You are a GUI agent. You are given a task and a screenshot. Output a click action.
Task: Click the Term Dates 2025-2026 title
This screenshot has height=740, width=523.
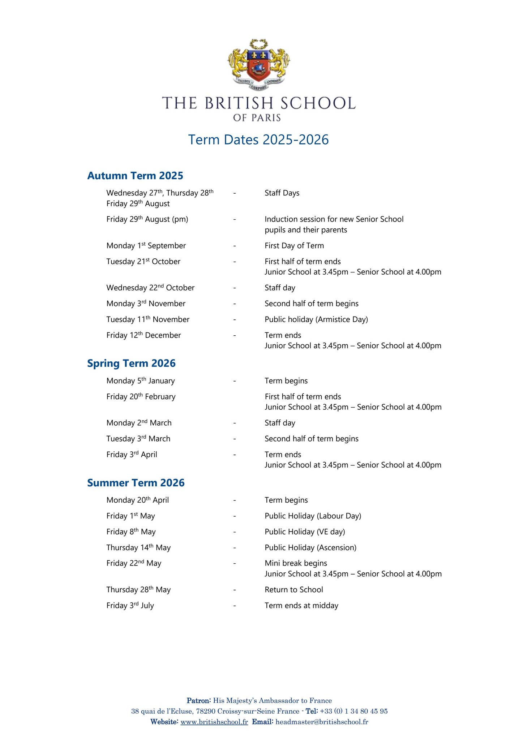(258, 139)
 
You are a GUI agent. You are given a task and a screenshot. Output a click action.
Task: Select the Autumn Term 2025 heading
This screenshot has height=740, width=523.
(135, 176)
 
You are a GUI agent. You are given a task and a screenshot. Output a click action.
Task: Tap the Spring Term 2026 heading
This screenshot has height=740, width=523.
(131, 363)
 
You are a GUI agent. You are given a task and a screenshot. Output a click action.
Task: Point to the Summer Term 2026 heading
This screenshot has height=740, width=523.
(136, 483)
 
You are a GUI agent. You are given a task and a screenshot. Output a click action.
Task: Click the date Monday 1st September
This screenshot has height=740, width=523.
(146, 246)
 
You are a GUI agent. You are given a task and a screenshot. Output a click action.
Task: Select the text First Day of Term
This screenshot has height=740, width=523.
(294, 246)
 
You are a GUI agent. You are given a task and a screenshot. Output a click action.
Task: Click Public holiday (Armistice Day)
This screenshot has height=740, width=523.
(316, 319)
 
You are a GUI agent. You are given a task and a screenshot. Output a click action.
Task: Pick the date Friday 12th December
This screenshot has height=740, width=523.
(143, 335)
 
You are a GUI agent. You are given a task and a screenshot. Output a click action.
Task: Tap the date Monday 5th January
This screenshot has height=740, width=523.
(141, 381)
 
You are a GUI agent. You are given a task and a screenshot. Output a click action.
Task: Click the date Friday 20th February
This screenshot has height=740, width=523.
(141, 397)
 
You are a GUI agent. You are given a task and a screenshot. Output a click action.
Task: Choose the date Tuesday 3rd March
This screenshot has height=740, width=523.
(138, 439)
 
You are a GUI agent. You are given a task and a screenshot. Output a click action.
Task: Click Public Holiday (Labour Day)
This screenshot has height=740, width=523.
(313, 516)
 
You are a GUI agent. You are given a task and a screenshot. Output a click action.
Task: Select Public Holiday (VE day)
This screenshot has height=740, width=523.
(305, 532)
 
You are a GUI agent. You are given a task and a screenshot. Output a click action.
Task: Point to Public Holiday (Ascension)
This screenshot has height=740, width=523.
(310, 548)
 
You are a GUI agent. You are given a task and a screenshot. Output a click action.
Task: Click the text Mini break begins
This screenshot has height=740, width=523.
(296, 563)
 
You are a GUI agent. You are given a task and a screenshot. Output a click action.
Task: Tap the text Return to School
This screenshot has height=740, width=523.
(294, 590)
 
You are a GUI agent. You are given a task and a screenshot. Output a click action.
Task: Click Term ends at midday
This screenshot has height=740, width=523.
(301, 606)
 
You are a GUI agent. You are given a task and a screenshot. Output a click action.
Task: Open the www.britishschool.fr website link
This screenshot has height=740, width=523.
(214, 722)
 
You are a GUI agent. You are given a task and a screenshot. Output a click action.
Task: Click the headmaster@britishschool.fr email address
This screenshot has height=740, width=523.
(322, 722)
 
